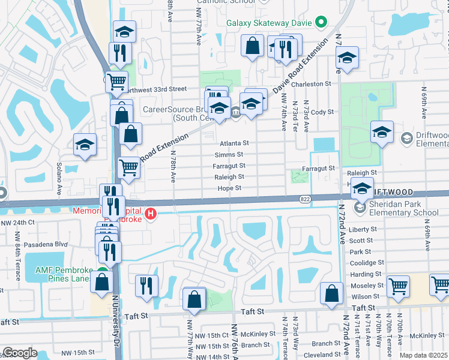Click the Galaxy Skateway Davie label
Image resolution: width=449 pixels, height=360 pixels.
point(270,23)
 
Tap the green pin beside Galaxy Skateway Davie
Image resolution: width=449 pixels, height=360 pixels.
point(321,23)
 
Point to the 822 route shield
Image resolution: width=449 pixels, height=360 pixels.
point(304,198)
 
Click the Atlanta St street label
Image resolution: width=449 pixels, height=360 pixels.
point(234,143)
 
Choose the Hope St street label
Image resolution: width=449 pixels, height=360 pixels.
point(229,188)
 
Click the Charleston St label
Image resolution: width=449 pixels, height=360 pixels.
point(311,85)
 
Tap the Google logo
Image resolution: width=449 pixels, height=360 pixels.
point(20,353)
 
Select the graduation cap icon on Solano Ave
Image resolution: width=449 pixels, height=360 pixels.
point(85,145)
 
